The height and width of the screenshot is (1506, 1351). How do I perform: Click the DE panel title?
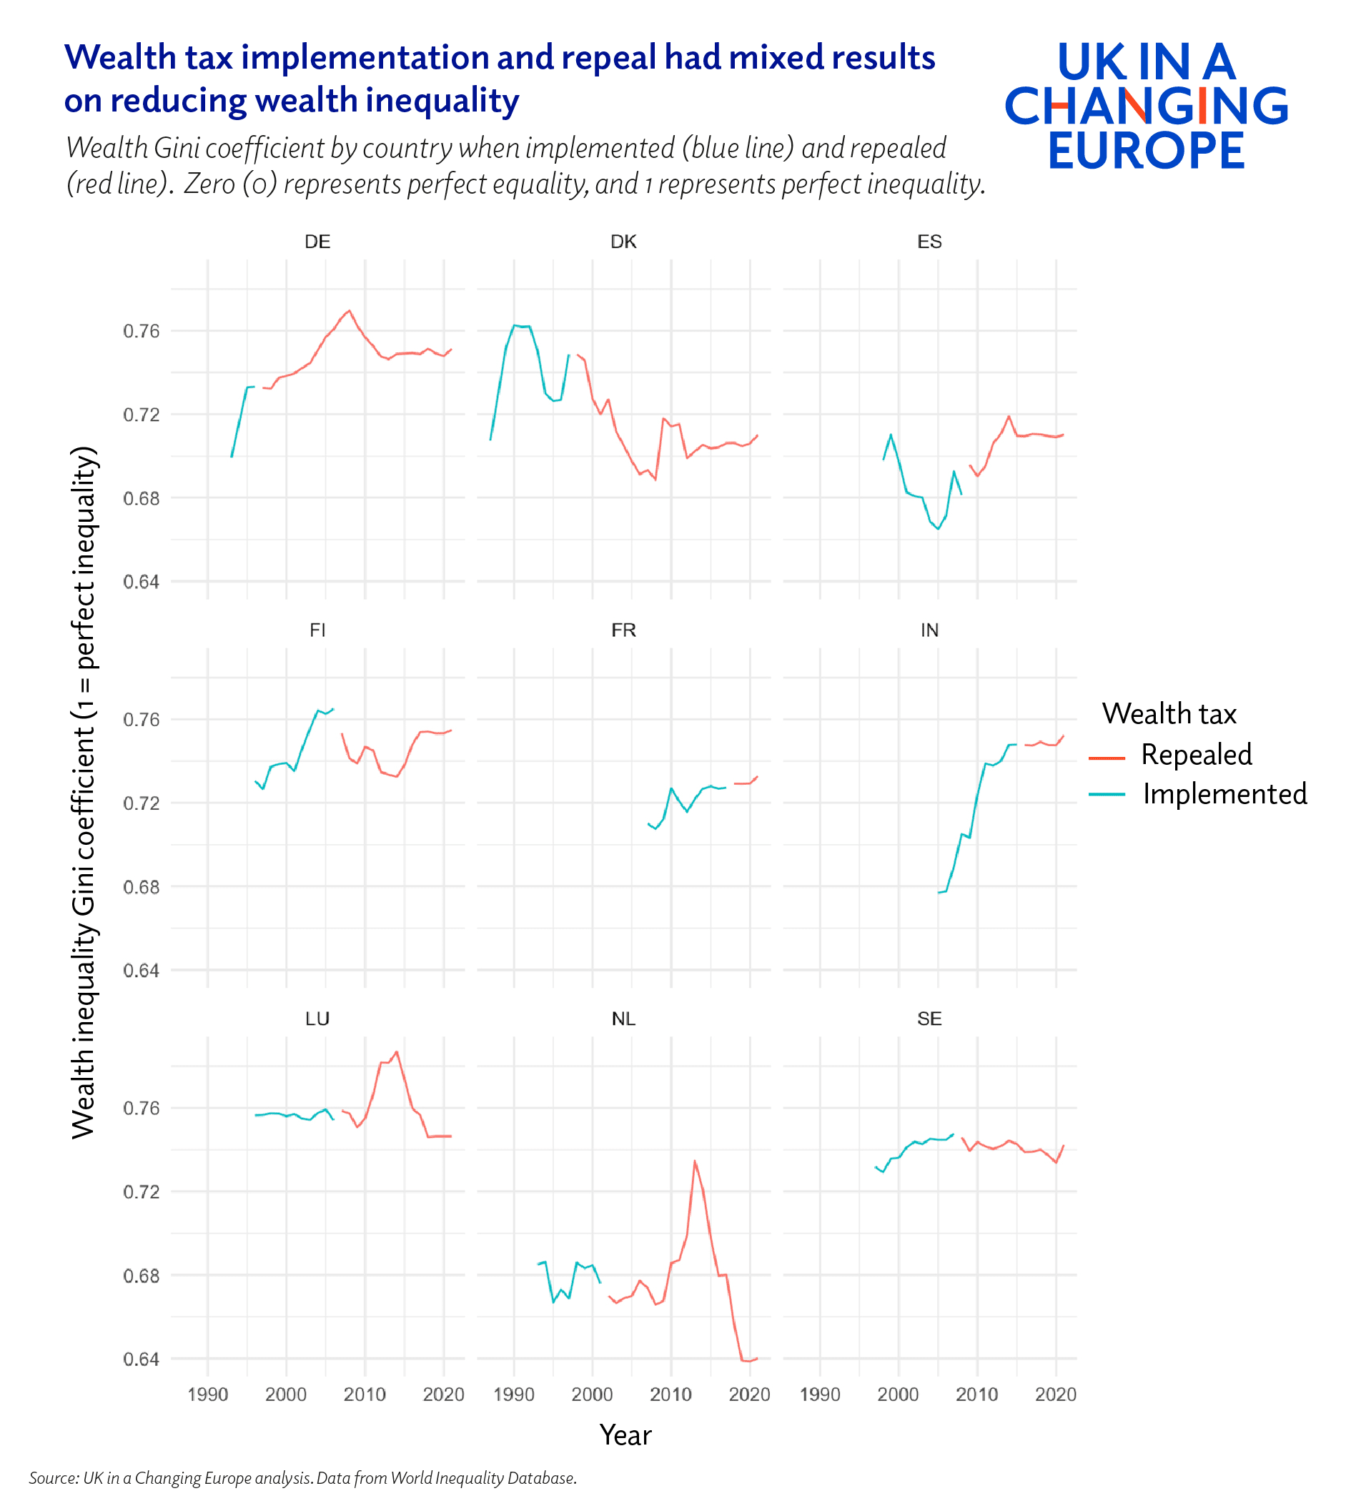point(317,242)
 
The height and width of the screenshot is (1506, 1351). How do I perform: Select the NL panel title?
point(623,1019)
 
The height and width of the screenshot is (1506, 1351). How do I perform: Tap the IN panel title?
point(929,630)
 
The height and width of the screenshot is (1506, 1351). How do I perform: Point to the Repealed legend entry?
point(1196,755)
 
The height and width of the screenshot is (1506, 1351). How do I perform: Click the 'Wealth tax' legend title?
point(1169,714)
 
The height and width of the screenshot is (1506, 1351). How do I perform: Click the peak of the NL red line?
point(694,1160)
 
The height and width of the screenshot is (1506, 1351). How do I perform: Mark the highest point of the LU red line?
point(397,1051)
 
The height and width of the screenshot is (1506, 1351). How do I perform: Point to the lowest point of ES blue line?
point(939,529)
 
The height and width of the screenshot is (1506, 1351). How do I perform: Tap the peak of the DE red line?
point(350,310)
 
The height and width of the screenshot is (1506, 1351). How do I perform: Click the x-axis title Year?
point(625,1435)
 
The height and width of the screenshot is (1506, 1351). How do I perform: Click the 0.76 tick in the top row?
point(141,331)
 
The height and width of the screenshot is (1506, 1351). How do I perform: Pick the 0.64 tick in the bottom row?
point(141,1359)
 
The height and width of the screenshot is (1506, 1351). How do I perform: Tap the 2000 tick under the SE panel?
point(899,1394)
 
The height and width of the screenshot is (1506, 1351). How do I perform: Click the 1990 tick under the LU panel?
point(207,1394)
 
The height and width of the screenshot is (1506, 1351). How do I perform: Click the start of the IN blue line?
point(939,892)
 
